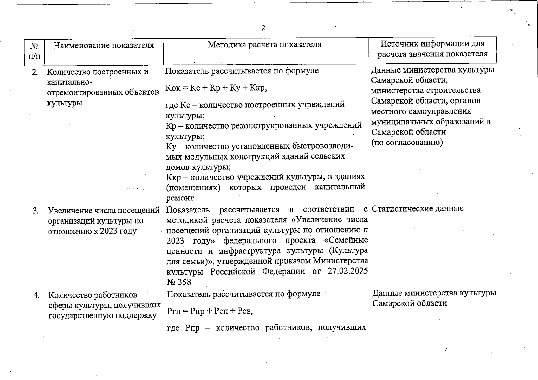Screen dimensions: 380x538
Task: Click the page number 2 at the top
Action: [x=263, y=28]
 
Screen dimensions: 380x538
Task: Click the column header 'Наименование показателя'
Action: [x=104, y=45]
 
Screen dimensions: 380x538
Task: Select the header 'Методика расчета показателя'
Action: [x=264, y=44]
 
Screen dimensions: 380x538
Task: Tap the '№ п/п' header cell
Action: [x=35, y=51]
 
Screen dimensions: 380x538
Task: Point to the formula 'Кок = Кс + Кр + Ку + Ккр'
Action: [x=216, y=88]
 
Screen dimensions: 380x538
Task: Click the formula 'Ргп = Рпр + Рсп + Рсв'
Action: [x=210, y=311]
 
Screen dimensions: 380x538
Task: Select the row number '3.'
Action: [x=36, y=211]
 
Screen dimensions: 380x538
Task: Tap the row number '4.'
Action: [x=36, y=295]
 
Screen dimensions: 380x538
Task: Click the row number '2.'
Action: [x=35, y=72]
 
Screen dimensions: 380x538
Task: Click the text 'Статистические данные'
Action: [x=418, y=209]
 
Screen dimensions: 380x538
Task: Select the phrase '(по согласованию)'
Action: [x=407, y=142]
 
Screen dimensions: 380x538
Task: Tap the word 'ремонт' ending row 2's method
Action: [x=180, y=198]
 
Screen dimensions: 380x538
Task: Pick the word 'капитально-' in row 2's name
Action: [x=69, y=82]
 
